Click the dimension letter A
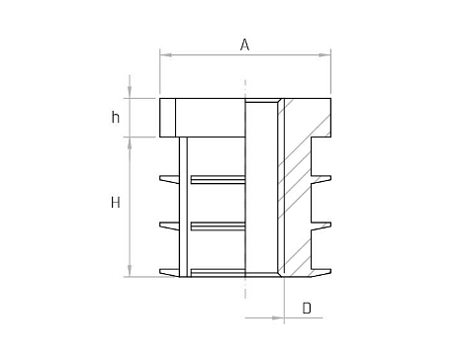244,45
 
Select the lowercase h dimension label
115,117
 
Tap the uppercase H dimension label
116,202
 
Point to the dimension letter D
307,309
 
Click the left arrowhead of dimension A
166,54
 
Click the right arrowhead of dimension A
324,54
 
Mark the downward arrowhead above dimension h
130,92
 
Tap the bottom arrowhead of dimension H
130,270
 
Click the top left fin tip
160,178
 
